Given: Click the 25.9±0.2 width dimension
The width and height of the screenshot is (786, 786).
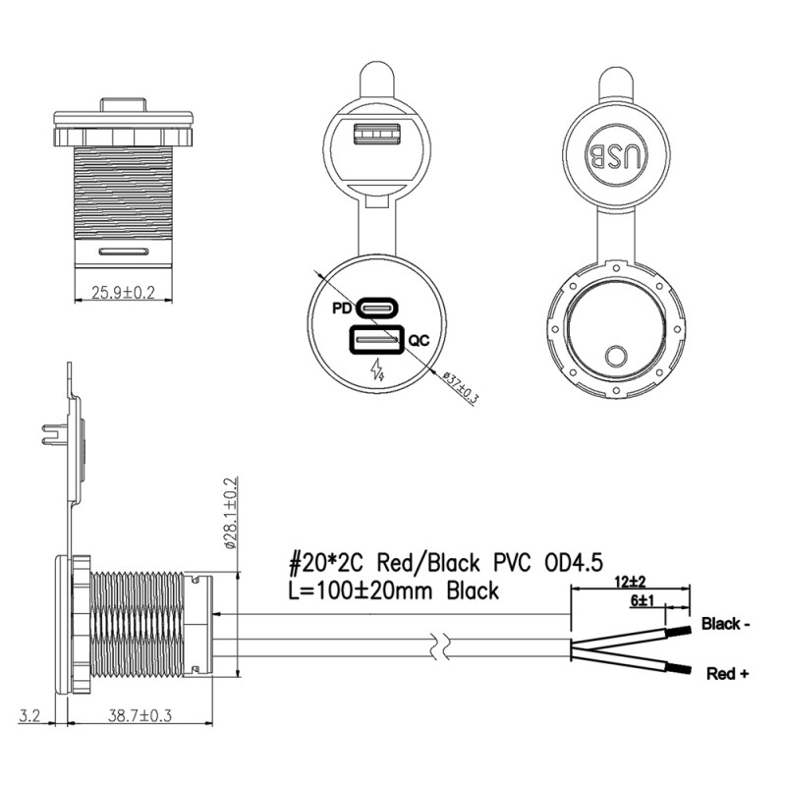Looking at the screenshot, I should click(124, 292).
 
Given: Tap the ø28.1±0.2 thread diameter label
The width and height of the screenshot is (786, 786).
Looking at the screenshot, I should click(232, 520).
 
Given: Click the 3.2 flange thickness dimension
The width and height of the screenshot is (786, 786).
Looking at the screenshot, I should click(32, 715).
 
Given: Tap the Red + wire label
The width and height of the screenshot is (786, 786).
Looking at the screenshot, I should click(728, 674).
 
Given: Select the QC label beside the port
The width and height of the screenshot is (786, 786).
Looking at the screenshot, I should click(419, 341).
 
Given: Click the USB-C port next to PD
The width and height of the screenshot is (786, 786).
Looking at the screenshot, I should click(378, 308).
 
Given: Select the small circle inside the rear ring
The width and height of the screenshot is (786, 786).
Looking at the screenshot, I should click(618, 356).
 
